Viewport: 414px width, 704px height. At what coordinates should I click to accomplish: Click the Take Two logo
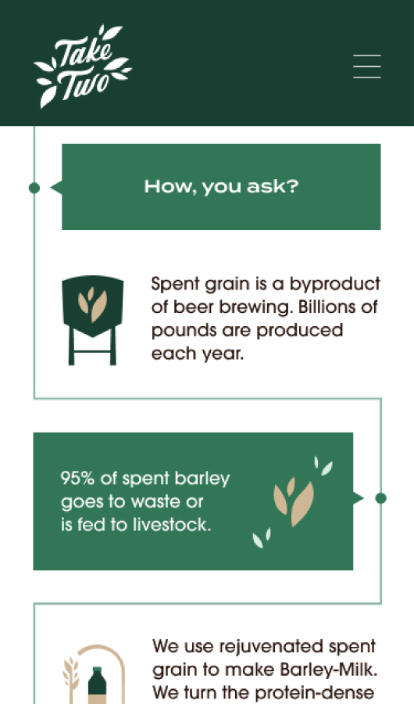click(83, 66)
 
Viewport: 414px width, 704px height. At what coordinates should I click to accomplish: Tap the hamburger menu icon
click(367, 66)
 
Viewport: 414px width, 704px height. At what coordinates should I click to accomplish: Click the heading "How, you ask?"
click(221, 187)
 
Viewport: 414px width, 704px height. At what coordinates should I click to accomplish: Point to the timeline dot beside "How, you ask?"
click(34, 188)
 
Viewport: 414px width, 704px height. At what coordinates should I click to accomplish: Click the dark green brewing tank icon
click(92, 320)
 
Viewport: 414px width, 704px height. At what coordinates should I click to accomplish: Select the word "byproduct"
click(334, 284)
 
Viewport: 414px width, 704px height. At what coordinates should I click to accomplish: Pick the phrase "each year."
click(198, 354)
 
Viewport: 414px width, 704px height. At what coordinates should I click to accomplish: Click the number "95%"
click(77, 478)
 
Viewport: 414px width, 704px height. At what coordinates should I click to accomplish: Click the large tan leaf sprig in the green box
click(294, 501)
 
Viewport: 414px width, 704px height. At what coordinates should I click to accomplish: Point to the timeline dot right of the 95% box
click(381, 498)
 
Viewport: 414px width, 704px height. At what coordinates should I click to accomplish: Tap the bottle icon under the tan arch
click(97, 685)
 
